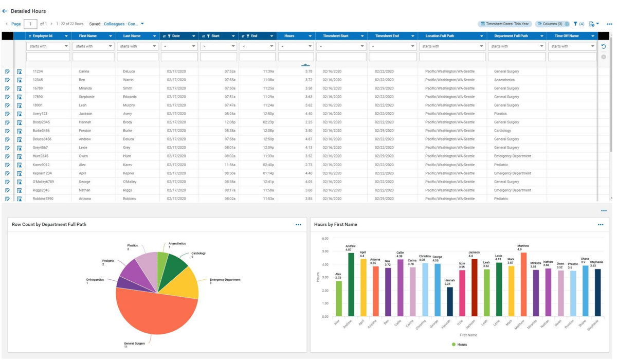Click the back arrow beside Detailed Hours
5,11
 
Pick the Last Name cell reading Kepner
129,173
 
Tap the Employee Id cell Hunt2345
41,156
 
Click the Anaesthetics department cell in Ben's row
504,80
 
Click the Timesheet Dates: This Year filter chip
504,24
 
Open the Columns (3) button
552,24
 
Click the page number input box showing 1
30,24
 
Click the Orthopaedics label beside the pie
94,280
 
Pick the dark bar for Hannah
450,302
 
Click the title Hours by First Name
335,224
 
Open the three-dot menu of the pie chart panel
298,225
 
